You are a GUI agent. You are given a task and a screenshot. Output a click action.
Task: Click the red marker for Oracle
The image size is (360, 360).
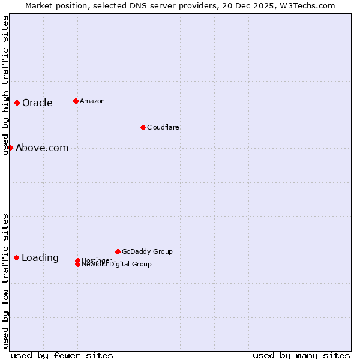point(17,103)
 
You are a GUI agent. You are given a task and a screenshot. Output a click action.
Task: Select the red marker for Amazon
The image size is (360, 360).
point(76,101)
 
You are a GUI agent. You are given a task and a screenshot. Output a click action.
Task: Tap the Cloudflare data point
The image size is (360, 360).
point(143,127)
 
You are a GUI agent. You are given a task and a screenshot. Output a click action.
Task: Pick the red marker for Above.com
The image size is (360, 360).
point(10,148)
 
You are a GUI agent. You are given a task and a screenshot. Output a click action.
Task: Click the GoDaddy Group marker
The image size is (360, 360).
point(118,251)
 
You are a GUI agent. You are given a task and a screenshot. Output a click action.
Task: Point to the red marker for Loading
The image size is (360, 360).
point(16,257)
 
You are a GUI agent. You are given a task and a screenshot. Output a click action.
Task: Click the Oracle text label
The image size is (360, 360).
point(37,103)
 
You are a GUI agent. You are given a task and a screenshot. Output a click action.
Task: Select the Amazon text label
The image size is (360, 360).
point(92,101)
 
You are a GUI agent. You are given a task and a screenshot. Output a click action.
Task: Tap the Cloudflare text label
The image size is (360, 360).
point(163,127)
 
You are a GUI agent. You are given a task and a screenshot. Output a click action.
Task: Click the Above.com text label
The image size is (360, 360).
point(42,148)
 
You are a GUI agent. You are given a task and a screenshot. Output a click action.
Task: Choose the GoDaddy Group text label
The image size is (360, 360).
point(147,251)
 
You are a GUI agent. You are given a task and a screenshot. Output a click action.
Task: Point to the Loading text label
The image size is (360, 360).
point(40,258)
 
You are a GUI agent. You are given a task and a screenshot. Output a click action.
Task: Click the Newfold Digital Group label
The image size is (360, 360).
point(116,265)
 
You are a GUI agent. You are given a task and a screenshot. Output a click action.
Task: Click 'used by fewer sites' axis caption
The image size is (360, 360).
point(62,355)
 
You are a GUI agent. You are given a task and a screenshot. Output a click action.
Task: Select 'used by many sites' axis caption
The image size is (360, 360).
point(301,355)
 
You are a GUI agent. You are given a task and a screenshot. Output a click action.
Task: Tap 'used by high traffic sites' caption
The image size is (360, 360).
point(5,85)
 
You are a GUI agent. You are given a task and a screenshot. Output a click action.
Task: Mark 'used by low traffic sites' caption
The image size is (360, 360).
point(5,281)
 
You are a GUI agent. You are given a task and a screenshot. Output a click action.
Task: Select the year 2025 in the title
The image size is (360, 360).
point(263,5)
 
